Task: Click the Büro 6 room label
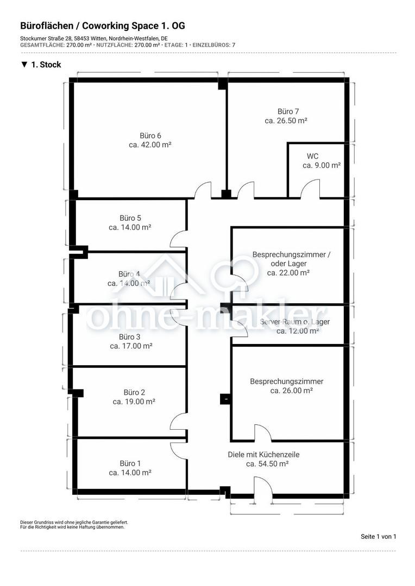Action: [x=150, y=136]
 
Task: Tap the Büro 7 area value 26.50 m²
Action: [x=286, y=120]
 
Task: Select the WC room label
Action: [x=312, y=156]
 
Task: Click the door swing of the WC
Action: [x=311, y=188]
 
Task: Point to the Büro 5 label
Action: [x=130, y=218]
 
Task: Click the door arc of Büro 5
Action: [x=179, y=239]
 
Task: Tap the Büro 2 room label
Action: [x=134, y=392]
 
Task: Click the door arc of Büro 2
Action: [x=179, y=422]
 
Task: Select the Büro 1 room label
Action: [x=130, y=463]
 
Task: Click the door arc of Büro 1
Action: [x=179, y=451]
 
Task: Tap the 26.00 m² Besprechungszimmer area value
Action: [x=292, y=391]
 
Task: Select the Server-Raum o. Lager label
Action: [x=295, y=322]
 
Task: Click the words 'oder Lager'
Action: [x=288, y=264]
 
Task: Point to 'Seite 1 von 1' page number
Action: [x=378, y=536]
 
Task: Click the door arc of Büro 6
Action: [x=203, y=190]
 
